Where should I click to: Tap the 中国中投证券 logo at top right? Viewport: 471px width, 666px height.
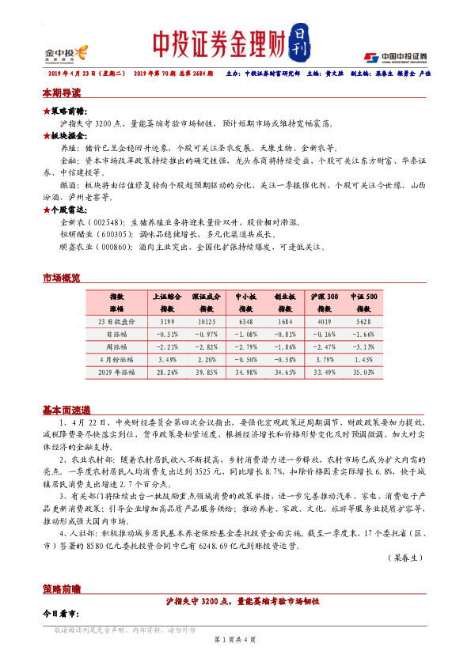click(395, 57)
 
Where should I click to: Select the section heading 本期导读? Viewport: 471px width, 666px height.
click(61, 93)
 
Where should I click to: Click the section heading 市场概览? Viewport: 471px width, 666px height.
click(61, 278)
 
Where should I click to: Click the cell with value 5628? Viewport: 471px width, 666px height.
click(364, 321)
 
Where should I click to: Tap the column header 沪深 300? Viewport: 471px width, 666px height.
click(324, 296)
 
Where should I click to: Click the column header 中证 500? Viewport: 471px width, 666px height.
click(364, 296)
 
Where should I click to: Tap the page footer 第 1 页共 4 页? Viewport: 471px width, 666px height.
click(235, 639)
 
